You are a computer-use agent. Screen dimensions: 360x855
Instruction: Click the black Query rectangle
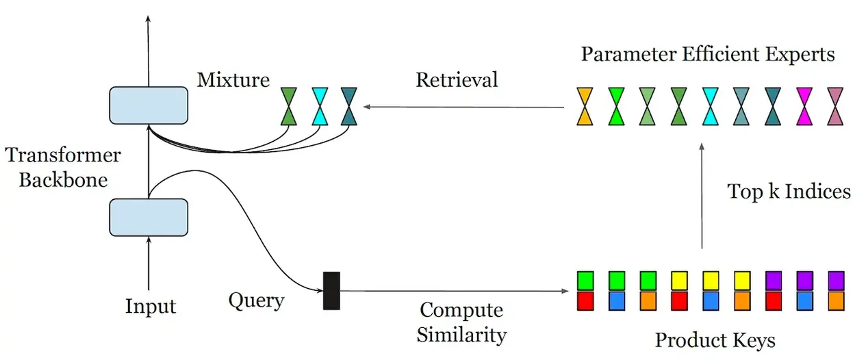331,290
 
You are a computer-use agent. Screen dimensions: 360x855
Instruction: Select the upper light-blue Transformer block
149,106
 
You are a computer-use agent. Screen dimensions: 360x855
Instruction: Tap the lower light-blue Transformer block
149,217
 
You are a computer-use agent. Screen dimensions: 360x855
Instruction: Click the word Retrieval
457,80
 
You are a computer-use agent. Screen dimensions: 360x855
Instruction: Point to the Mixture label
233,80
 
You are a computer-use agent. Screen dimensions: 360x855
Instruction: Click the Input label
151,306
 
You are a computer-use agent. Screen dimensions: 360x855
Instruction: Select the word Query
257,300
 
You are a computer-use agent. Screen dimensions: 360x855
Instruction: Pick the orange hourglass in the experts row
585,106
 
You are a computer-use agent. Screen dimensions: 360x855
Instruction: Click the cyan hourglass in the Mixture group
320,106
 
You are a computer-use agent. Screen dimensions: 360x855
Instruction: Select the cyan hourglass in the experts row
710,106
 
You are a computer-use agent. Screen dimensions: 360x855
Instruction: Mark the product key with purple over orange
835,290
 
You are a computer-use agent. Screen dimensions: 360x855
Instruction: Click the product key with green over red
585,290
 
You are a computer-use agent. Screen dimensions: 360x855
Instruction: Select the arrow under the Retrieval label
465,107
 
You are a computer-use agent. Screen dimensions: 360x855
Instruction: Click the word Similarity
461,335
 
